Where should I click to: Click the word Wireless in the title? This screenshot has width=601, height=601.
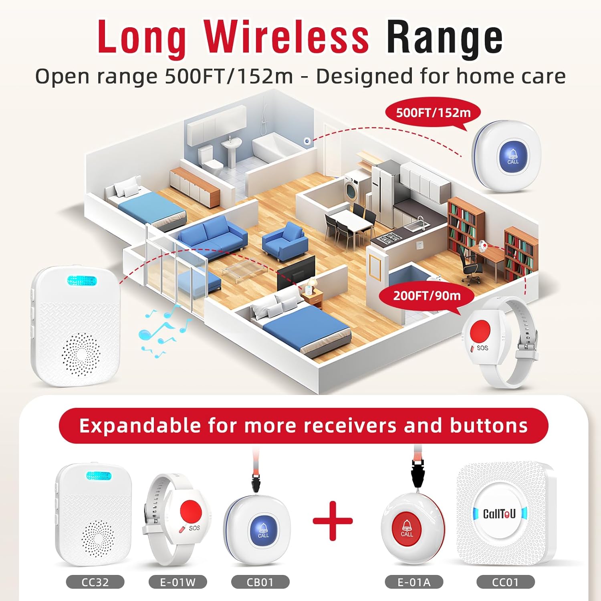pos(286,37)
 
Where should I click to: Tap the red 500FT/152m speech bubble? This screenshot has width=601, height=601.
pos(433,113)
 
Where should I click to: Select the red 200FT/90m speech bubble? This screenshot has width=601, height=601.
pos(426,296)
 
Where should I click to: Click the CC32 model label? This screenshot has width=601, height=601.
pos(95,582)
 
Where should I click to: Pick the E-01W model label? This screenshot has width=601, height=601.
pos(177,582)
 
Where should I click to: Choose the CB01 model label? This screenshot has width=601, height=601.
pos(260,582)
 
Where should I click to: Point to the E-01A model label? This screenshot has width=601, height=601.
pos(414,582)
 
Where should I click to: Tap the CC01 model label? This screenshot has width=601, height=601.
pos(505,582)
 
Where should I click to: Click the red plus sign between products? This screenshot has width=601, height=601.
pos(333,521)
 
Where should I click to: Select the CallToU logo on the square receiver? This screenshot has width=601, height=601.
pos(499,514)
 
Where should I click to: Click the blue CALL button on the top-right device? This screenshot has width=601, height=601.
pos(512,156)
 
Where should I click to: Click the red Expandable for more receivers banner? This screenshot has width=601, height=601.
pos(303,426)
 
